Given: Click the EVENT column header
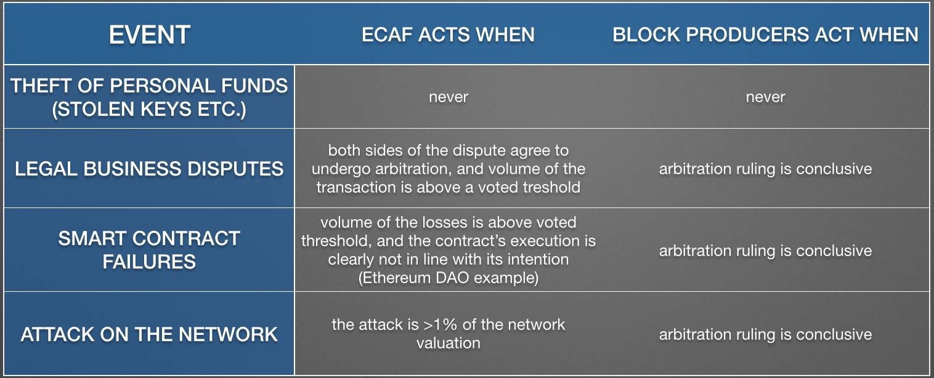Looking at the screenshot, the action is (x=149, y=34).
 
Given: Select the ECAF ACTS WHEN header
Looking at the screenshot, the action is (x=449, y=34).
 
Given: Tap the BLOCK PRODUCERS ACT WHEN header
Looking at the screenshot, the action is (x=765, y=34).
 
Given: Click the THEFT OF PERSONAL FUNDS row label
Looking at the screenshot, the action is (x=149, y=97).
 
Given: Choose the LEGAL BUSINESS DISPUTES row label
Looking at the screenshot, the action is (x=149, y=169).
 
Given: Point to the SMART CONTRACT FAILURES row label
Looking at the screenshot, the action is (x=149, y=250).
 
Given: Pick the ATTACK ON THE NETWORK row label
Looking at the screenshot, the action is (x=149, y=334).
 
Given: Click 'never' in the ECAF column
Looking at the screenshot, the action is (x=449, y=97).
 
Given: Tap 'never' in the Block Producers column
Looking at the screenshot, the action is (x=766, y=97).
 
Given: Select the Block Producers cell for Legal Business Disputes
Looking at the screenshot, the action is (x=766, y=169).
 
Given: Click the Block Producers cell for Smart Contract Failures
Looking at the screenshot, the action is (x=766, y=251).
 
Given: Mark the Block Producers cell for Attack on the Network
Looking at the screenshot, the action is (x=766, y=334).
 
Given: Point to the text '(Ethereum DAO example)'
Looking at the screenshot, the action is (x=449, y=278).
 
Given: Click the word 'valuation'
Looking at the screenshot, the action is (x=449, y=343).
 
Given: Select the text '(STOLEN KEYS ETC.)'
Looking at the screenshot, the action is (x=149, y=109).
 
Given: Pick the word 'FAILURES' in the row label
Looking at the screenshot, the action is (x=149, y=262).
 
